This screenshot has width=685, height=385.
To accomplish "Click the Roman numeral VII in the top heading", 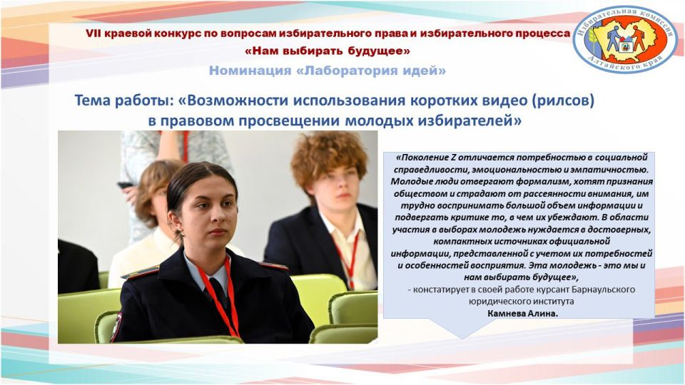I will point(95,34).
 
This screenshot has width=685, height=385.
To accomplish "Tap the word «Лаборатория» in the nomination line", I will point(352,71).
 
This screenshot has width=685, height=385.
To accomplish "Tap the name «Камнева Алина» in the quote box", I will point(519,313).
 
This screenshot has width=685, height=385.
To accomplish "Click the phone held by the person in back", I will point(126,185).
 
